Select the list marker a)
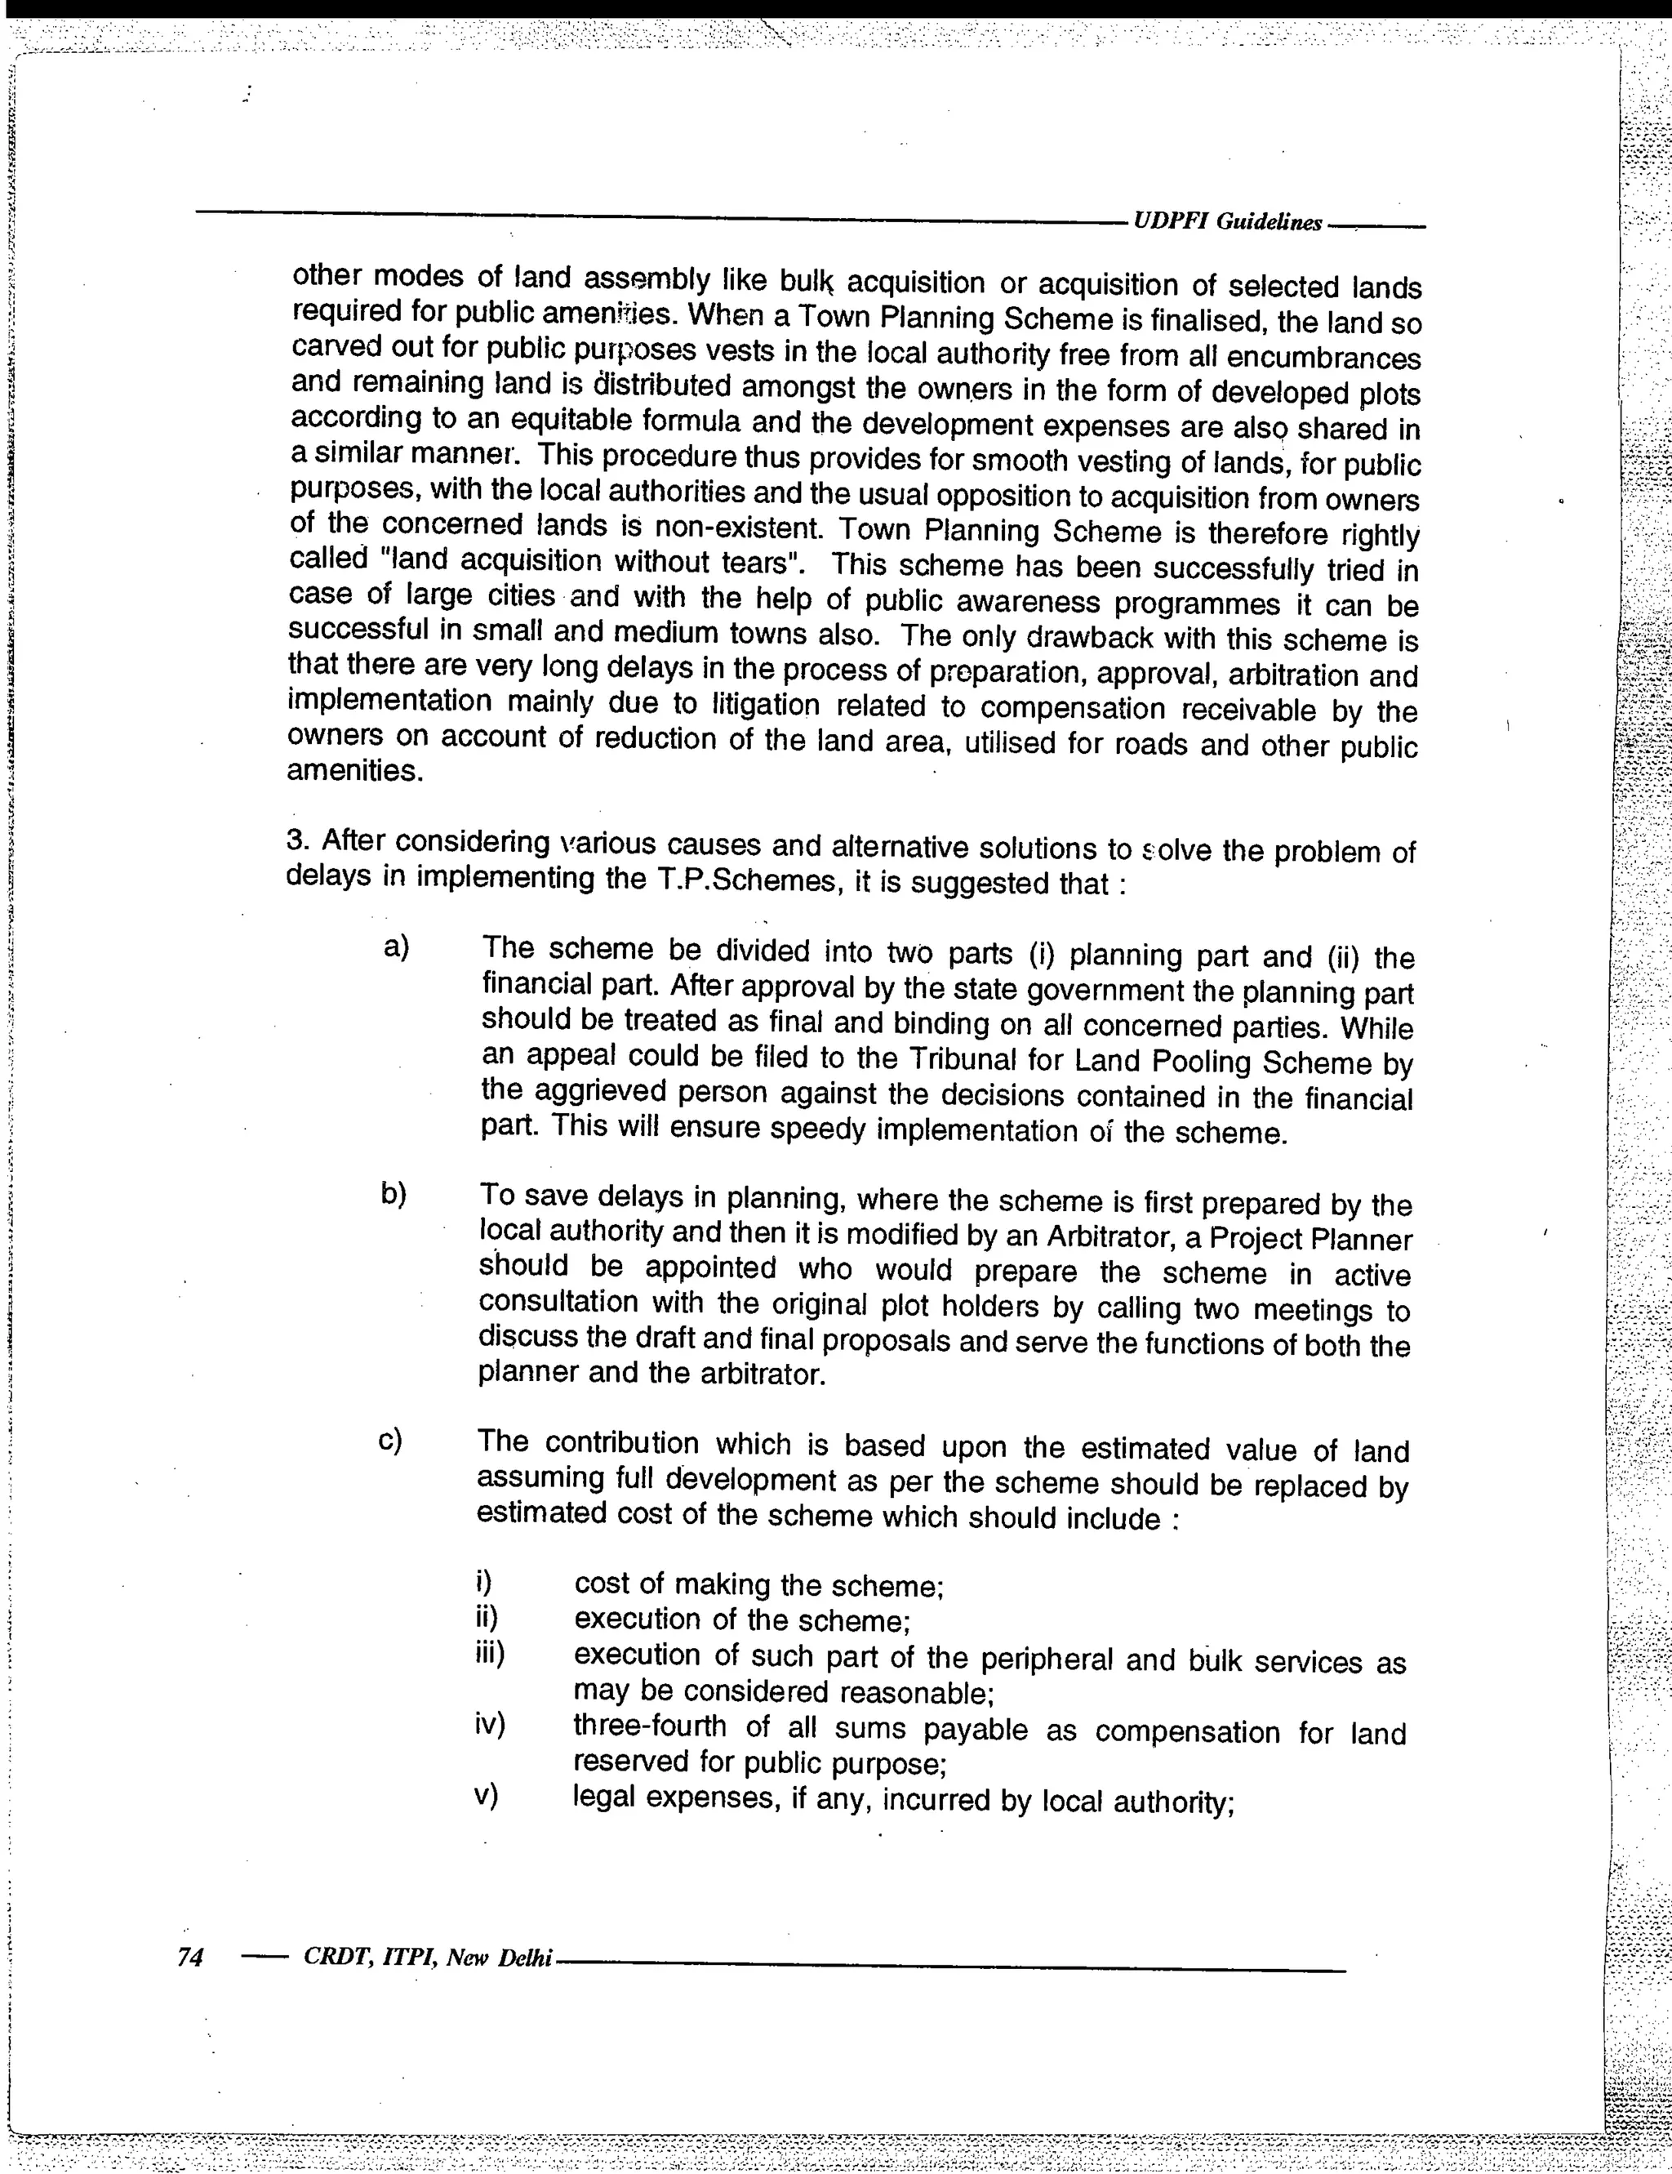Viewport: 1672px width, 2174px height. click(x=396, y=947)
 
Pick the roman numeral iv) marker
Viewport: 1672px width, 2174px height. click(x=490, y=1725)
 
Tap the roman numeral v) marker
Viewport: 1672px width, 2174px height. click(x=486, y=1796)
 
